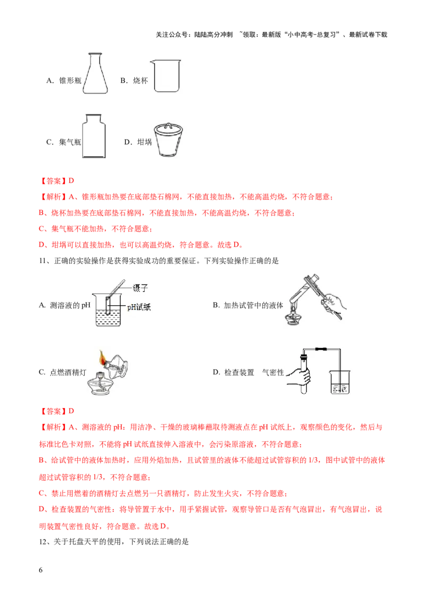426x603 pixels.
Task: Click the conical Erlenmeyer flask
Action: coord(96,77)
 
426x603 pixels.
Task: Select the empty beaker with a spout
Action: coord(167,78)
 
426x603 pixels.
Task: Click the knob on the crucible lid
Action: coord(170,124)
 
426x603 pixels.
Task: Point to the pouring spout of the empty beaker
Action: coord(152,62)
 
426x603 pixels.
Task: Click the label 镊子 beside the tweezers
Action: coord(138,288)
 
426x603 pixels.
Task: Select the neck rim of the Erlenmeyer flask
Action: coord(96,55)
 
